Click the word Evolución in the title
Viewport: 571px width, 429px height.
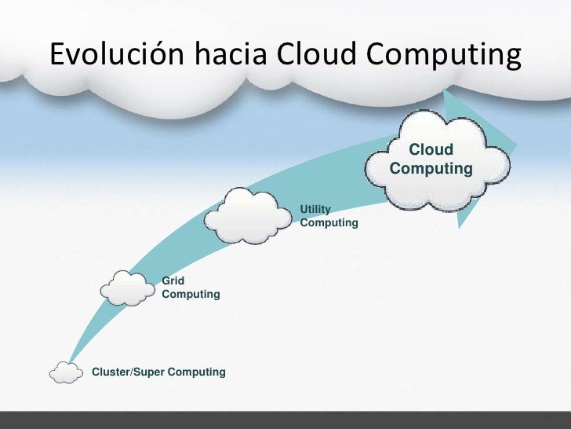[116, 54]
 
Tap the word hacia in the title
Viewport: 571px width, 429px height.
[227, 54]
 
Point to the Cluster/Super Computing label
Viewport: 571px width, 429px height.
[159, 372]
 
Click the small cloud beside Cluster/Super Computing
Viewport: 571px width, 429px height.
[66, 372]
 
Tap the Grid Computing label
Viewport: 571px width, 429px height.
[190, 287]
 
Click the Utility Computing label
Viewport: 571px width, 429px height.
[329, 216]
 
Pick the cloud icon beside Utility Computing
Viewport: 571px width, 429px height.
[248, 215]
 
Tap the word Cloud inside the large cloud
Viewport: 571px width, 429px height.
[431, 149]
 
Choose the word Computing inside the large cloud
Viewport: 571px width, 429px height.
[431, 169]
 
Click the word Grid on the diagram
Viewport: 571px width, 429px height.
[173, 280]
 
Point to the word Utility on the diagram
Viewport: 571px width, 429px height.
[315, 209]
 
